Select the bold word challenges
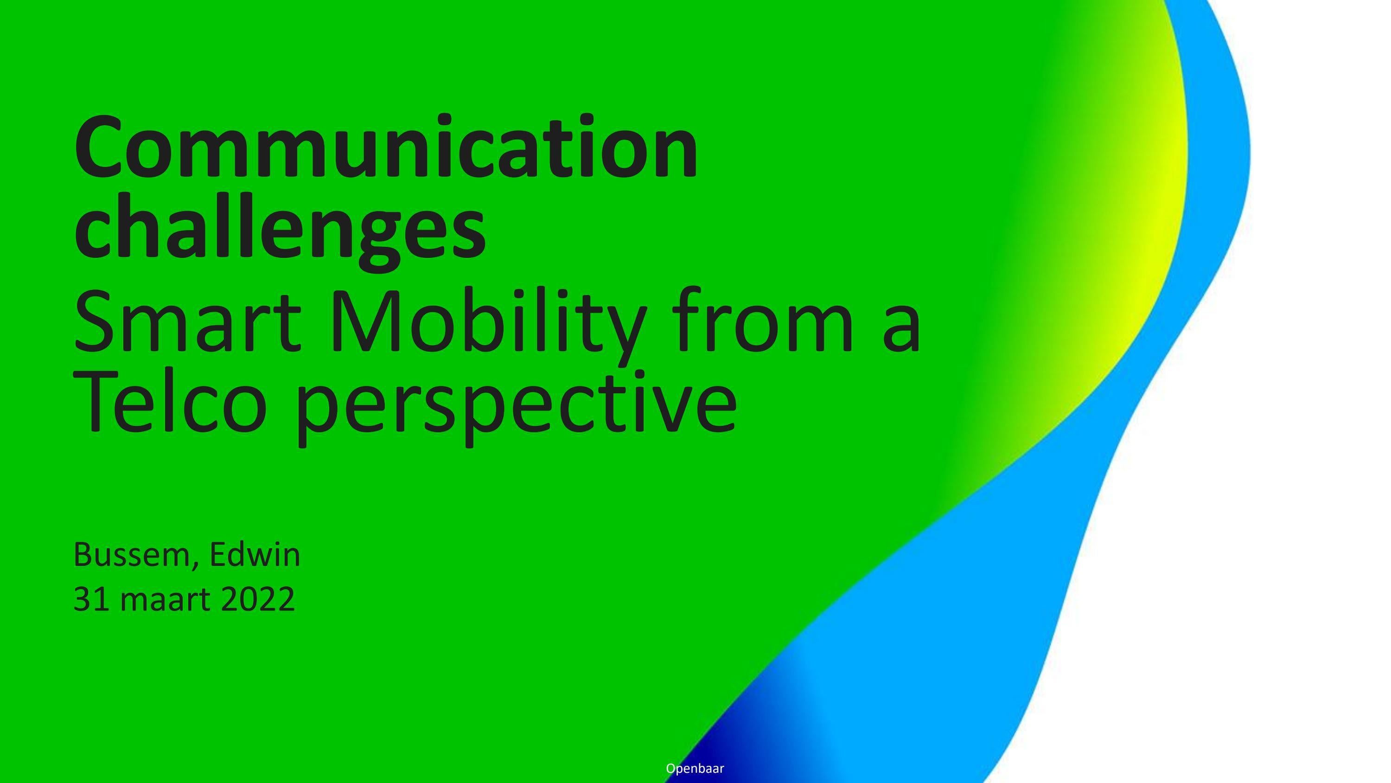pos(280,230)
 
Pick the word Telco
pos(170,402)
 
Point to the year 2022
pos(258,599)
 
